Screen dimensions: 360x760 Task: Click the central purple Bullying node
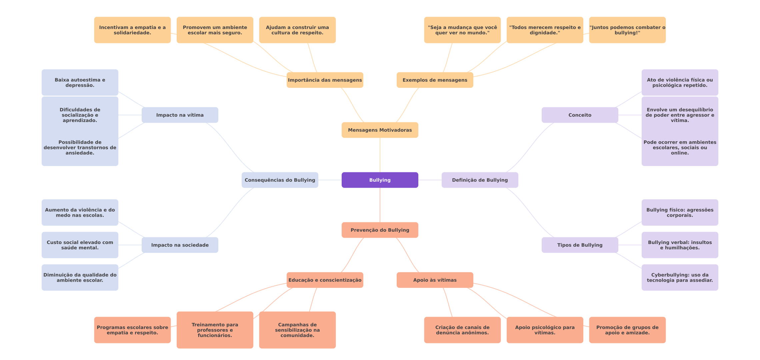point(380,180)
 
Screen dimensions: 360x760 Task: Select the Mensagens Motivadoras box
point(380,130)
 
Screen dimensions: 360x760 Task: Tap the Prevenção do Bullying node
point(380,230)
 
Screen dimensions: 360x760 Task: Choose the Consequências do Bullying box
point(280,180)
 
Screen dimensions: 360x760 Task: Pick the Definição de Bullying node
point(480,180)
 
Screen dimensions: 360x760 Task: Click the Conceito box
point(580,115)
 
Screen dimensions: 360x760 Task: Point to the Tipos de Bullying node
point(580,245)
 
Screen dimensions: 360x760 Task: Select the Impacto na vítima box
point(180,115)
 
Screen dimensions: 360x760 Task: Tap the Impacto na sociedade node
point(180,245)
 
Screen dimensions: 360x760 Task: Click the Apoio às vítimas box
point(435,280)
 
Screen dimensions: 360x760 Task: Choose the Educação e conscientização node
point(325,280)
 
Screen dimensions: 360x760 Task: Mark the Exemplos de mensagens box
point(435,80)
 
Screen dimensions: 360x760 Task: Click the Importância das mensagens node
point(325,80)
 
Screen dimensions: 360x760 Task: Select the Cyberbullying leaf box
point(680,277)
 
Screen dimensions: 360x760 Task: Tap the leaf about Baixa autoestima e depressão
point(80,82)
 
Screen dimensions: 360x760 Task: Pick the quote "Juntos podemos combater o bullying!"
point(627,30)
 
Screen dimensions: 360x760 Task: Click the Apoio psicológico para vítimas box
point(545,330)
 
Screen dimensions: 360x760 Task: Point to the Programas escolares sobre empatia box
point(132,330)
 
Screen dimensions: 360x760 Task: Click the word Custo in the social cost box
point(54,242)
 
